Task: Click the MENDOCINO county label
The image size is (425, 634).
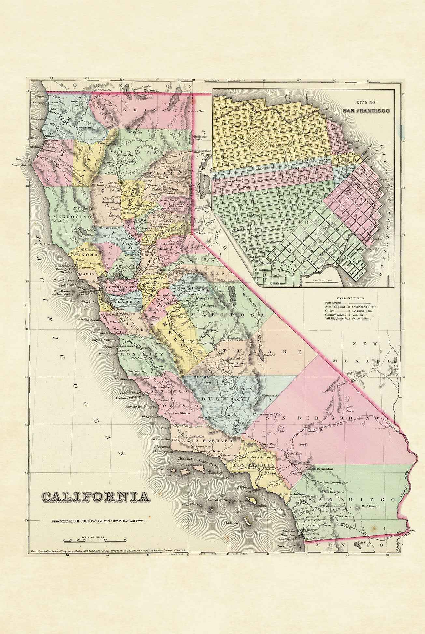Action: click(x=68, y=216)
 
